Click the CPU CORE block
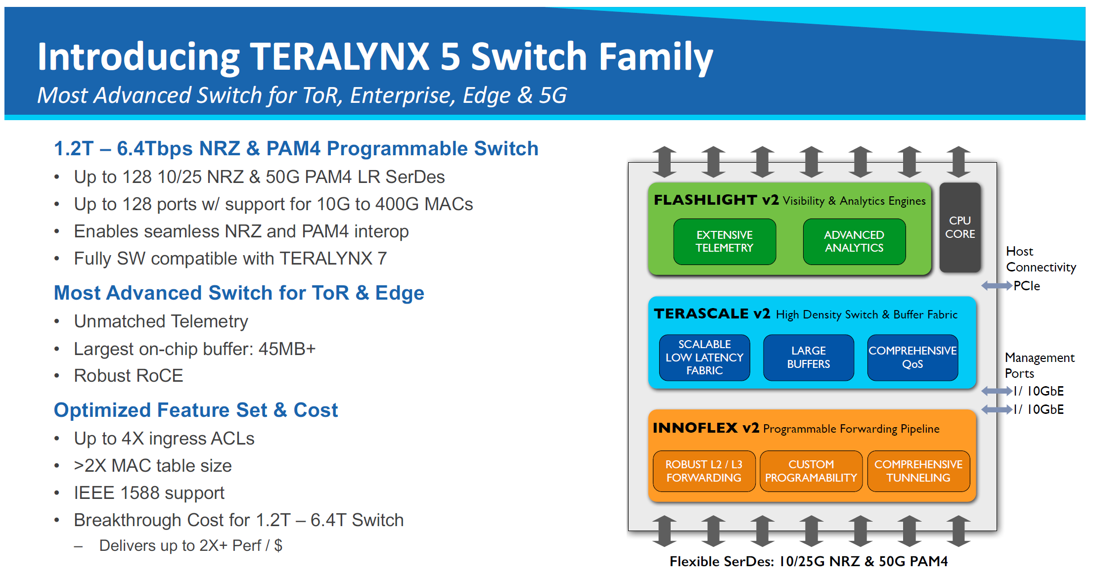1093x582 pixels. (959, 227)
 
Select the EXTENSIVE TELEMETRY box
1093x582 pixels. (725, 241)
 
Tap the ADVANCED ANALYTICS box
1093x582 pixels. (854, 241)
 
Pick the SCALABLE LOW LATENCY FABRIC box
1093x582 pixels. (704, 358)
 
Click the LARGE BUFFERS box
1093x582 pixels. (809, 358)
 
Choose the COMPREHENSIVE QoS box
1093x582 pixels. (912, 358)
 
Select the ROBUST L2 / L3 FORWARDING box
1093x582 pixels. (704, 471)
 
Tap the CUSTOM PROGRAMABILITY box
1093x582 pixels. (811, 471)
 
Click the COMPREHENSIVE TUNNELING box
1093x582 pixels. (918, 471)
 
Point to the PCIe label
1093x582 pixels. (1027, 286)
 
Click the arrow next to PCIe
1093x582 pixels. (996, 286)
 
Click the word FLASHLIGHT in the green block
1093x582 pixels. (705, 200)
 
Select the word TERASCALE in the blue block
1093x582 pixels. (701, 313)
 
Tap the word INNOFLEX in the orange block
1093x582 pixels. (695, 428)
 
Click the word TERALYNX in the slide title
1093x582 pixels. (339, 57)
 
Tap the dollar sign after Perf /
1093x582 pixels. (278, 545)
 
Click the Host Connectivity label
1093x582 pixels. (1041, 259)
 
